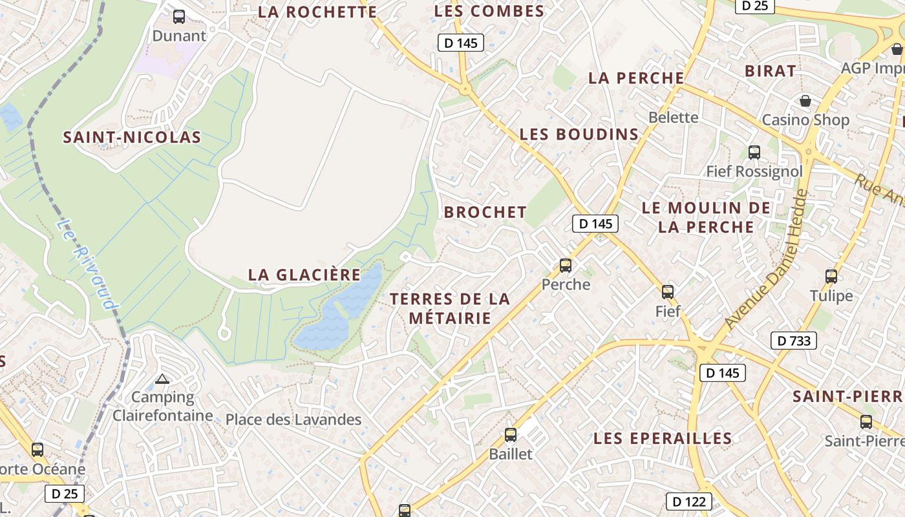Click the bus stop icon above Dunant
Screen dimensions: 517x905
[x=179, y=17]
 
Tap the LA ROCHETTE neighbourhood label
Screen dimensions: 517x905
[x=317, y=12]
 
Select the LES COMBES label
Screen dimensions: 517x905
[x=489, y=11]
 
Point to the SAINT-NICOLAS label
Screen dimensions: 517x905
[x=132, y=137]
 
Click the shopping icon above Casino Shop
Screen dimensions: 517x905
[x=805, y=101]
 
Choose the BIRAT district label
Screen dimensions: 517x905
[x=771, y=71]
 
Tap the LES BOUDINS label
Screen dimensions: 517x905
[x=579, y=134]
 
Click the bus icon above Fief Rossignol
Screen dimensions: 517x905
[x=754, y=153]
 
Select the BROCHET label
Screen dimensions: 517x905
[x=485, y=212]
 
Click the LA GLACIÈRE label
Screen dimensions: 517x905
[x=304, y=275]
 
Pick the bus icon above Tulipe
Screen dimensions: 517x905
[x=831, y=277]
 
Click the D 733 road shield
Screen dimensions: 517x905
[x=794, y=341]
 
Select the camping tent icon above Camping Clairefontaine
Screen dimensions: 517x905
[x=162, y=379]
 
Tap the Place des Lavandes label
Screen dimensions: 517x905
[x=293, y=419]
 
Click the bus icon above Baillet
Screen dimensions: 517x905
[x=511, y=435]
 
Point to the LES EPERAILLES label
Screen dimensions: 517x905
[x=663, y=438]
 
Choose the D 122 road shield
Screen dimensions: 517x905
[x=689, y=501]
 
